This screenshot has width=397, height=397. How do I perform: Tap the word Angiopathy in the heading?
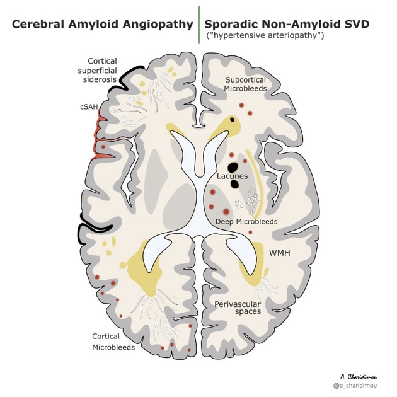[x=158, y=25]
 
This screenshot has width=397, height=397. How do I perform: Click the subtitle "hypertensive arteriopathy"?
[x=265, y=35]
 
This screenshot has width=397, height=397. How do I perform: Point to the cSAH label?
[x=89, y=107]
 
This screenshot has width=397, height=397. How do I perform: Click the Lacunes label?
[x=232, y=176]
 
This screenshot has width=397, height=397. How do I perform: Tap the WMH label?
[x=280, y=253]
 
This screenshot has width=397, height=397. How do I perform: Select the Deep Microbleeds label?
[x=246, y=222]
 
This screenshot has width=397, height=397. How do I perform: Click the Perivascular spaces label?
[x=238, y=308]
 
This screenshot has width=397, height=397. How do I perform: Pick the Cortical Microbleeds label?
[x=113, y=342]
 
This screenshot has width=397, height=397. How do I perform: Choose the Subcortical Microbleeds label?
[x=245, y=84]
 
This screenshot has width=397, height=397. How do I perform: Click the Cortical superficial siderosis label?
[x=98, y=70]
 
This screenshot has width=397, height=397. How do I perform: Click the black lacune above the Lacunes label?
[x=233, y=167]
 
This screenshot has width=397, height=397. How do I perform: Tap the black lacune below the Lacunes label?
[x=234, y=184]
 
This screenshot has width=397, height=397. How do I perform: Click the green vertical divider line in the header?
[x=199, y=25]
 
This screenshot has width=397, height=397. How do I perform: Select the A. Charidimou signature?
[x=359, y=377]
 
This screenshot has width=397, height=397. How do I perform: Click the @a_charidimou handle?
[x=355, y=386]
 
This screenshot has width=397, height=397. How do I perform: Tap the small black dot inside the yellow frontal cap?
[x=232, y=120]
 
